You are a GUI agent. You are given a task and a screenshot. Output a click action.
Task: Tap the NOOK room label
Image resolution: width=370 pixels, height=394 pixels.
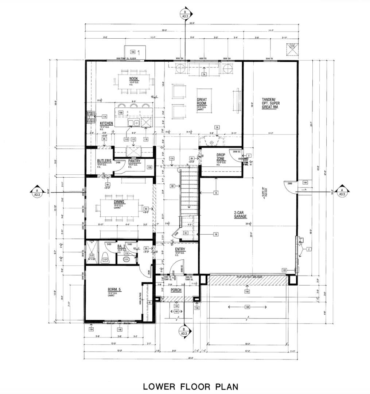[133, 79]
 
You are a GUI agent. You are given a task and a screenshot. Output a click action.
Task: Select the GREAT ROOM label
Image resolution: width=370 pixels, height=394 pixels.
[202, 101]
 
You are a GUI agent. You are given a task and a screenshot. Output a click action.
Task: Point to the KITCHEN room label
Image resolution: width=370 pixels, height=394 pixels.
[106, 124]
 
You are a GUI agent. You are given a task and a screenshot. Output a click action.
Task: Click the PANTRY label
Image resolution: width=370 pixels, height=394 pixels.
[134, 161]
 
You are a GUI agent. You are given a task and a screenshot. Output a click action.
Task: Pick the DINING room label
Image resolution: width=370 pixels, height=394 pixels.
[119, 202]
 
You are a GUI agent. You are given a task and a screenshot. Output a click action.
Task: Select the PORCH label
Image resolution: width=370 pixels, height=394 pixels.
[176, 290]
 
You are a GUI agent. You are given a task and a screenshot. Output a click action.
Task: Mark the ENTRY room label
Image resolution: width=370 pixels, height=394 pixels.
[180, 249]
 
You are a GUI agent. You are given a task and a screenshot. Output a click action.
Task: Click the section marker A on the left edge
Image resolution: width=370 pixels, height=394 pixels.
[37, 192]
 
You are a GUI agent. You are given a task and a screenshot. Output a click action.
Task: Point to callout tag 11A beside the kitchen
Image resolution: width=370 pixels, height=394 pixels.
[104, 116]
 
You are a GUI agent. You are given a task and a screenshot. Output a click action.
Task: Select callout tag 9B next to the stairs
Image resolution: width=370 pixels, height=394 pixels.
[173, 186]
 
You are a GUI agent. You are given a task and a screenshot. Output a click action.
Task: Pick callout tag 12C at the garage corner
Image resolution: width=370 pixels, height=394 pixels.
[284, 270]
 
